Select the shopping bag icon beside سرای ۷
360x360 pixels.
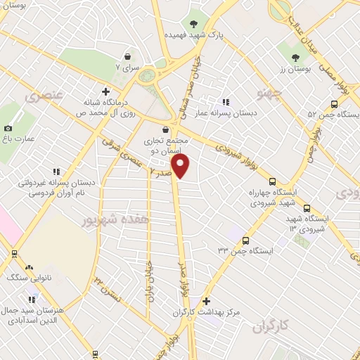(x=127, y=56)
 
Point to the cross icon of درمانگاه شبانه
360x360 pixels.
(x=105, y=91)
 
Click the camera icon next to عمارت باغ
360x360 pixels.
(x=8, y=128)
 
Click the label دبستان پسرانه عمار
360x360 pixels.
(x=245, y=112)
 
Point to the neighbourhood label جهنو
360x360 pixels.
(x=270, y=92)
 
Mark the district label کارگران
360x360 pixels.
(x=271, y=326)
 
